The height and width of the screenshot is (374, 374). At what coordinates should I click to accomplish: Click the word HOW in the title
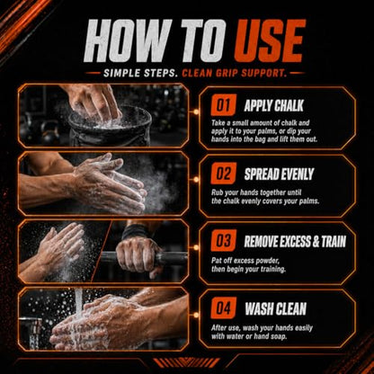click(x=127, y=41)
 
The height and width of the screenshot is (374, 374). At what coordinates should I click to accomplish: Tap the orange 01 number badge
click(x=223, y=105)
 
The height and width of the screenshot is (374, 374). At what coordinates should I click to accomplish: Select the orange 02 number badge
click(x=223, y=174)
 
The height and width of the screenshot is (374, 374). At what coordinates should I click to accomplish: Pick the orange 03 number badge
click(x=223, y=241)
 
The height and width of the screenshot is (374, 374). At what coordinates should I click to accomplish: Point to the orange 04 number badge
click(x=223, y=308)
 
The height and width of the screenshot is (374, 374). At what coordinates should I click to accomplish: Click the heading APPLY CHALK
click(x=273, y=105)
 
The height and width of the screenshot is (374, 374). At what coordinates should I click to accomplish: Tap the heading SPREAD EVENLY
click(x=279, y=174)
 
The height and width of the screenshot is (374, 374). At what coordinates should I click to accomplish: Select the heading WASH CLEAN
click(x=275, y=308)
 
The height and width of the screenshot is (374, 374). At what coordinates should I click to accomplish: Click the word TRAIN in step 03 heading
click(x=334, y=242)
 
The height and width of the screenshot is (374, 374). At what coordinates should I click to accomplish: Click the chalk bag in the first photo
click(x=110, y=126)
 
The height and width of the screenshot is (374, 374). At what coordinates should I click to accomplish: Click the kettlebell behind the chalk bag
click(x=49, y=133)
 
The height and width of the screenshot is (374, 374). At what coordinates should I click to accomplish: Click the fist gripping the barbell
click(x=138, y=255)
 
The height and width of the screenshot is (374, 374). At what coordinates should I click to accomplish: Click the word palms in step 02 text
click(x=309, y=200)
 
